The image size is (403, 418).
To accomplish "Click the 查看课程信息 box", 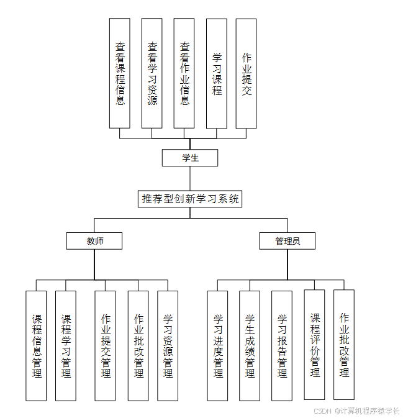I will tap(120, 73).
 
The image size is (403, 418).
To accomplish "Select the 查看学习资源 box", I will tap(152, 73).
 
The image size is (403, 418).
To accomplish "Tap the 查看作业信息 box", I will tap(184, 73).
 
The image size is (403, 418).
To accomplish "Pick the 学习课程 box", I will tap(216, 73).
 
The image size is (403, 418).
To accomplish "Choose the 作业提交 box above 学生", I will tap(246, 73).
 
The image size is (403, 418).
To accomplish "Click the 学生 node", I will tap(190, 158).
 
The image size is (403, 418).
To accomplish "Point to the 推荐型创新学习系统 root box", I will tap(190, 199).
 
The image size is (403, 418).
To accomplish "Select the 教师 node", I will tap(94, 241).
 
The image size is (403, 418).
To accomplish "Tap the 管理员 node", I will tap(288, 241).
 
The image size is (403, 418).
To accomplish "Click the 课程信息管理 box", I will tap(36, 346).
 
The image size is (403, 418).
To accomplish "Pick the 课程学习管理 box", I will tap(66, 346).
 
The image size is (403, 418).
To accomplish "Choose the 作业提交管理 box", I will tap(106, 346).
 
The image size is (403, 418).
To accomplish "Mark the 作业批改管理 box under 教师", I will tap(138, 346).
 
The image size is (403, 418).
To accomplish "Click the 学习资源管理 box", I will tap(168, 346).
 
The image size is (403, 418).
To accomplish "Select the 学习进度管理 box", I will tap(217, 346).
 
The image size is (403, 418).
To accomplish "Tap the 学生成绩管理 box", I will tap(250, 346).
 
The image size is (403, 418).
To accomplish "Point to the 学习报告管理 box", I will tap(282, 346).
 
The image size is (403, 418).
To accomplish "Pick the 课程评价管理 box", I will tap(314, 345).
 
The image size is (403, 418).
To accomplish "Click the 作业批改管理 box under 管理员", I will tap(344, 345).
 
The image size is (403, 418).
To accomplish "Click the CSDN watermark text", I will tap(356, 411).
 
